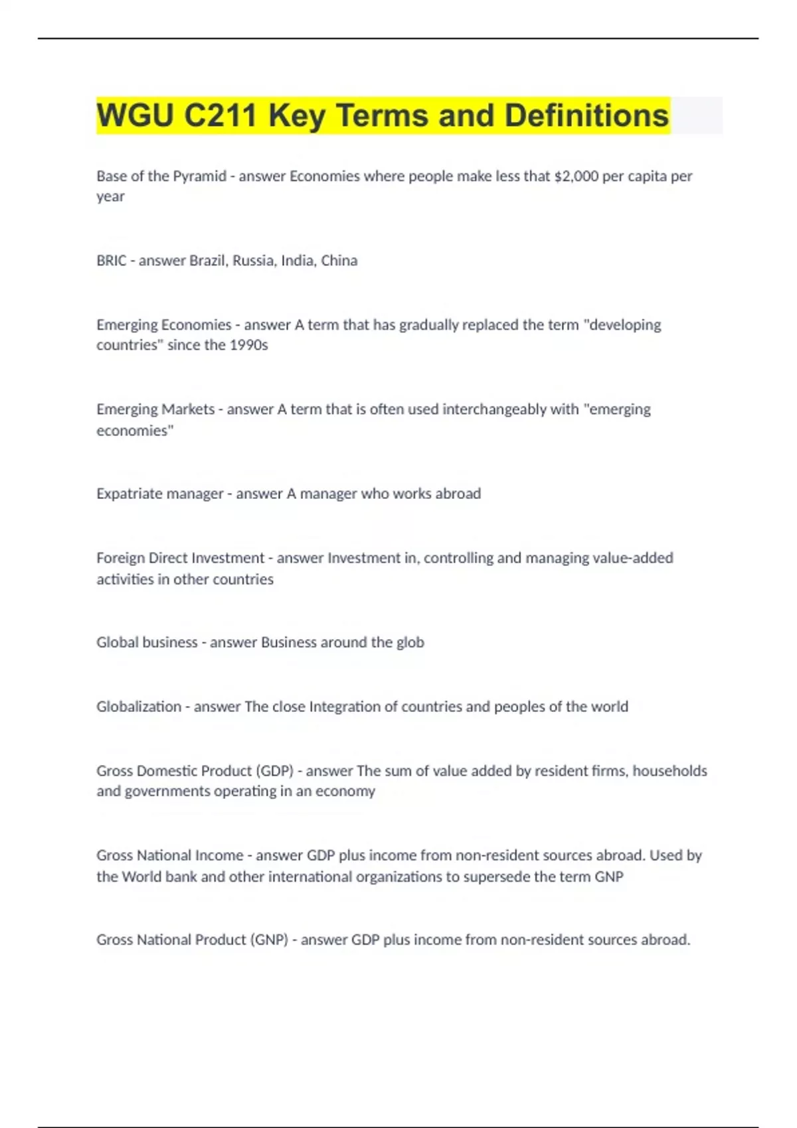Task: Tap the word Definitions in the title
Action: click(586, 115)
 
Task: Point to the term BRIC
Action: click(111, 261)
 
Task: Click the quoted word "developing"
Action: click(625, 325)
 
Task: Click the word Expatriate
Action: click(127, 494)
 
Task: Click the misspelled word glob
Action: click(410, 642)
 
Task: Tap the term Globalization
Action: click(139, 707)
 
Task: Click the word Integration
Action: click(345, 707)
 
